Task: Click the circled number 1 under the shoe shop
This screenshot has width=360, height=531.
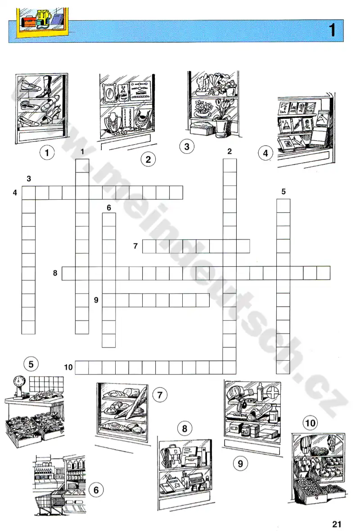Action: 47,153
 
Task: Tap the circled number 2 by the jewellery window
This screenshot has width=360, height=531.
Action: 148,159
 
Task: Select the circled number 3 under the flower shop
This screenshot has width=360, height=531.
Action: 187,147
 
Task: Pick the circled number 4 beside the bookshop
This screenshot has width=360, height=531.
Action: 265,153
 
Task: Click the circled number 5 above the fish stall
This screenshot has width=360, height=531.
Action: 31,364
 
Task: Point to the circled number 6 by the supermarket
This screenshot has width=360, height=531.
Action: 96,490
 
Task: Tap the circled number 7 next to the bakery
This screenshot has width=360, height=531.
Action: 160,395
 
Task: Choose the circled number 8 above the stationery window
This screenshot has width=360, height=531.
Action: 184,429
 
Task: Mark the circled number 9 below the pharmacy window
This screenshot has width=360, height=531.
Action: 240,463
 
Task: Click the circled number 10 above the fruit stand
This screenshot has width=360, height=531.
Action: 310,423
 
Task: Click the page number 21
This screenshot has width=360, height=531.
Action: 337,524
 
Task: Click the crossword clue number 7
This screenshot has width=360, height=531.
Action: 135,246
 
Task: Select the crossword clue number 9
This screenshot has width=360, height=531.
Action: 96,300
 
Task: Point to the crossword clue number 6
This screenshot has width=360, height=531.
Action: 109,208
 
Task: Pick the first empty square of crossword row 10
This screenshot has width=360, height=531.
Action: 82,367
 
